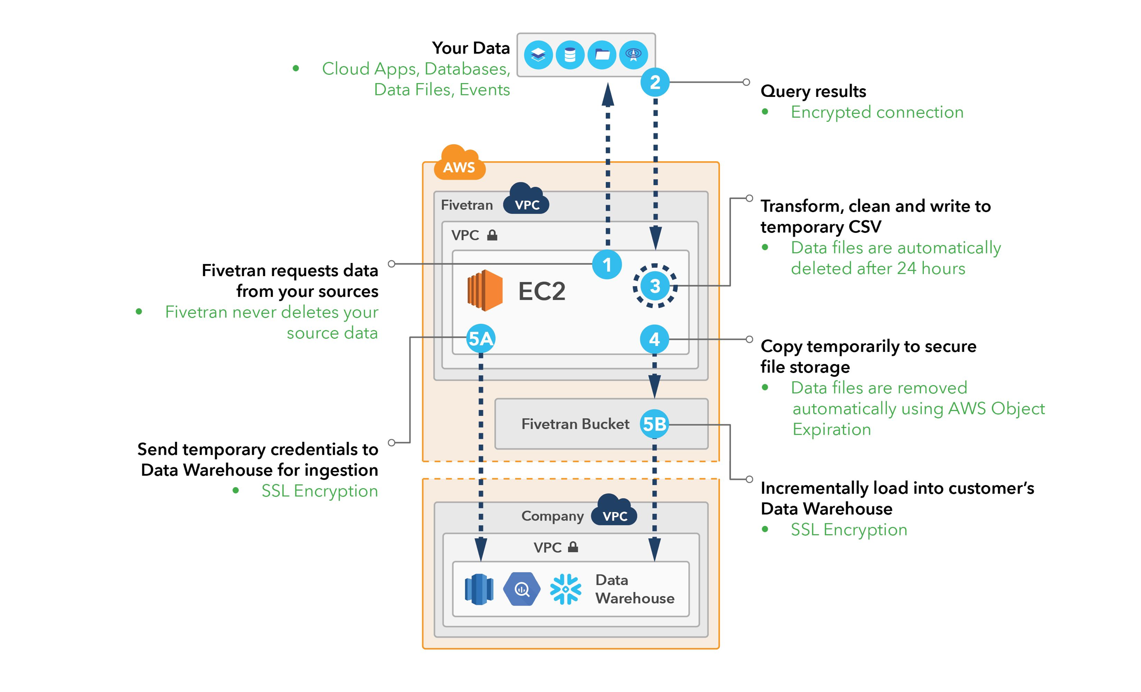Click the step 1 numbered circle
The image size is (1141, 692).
point(607,264)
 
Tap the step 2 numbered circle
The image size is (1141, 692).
point(655,83)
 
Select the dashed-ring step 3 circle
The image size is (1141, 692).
point(655,286)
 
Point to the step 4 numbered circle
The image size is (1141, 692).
point(654,340)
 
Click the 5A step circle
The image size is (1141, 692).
point(480,338)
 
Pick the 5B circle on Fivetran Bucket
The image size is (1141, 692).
point(654,424)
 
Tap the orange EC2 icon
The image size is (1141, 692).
point(484,290)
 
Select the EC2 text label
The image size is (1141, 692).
point(542,291)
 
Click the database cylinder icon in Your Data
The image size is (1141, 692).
point(570,55)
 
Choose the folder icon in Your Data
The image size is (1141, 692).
point(602,55)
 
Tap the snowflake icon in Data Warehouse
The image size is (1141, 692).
point(565,589)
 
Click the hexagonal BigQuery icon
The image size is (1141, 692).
point(522,589)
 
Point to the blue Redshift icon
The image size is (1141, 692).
point(479,589)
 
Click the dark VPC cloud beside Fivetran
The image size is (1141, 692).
point(526,200)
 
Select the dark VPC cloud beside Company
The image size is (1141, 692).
point(614,511)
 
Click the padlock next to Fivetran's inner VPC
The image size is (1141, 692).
point(492,235)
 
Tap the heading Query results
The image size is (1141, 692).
point(813,91)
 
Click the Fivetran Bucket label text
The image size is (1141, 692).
point(575,424)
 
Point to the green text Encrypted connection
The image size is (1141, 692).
point(877,112)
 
